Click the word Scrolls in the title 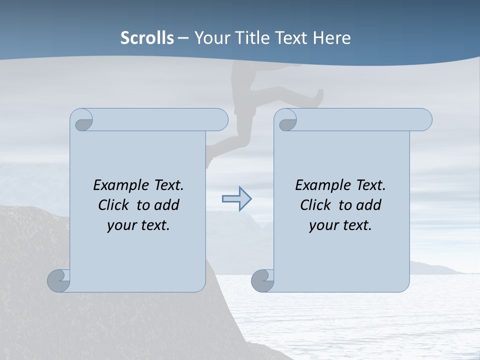[x=147, y=38]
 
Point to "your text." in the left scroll [x=138, y=225]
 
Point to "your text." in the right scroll [x=340, y=225]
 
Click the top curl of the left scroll [x=82, y=120]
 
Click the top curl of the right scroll [x=286, y=120]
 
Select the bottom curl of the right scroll [x=262, y=280]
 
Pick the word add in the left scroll [x=167, y=205]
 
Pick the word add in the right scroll [x=369, y=205]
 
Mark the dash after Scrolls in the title [x=183, y=38]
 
